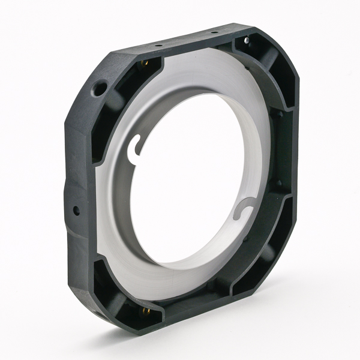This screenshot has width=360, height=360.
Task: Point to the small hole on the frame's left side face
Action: tap(76, 211)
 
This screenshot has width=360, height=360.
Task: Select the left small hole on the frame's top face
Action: tap(158, 45)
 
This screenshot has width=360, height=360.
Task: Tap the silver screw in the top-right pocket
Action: tap(246, 40)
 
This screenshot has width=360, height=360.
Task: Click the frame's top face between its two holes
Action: tap(187, 38)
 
